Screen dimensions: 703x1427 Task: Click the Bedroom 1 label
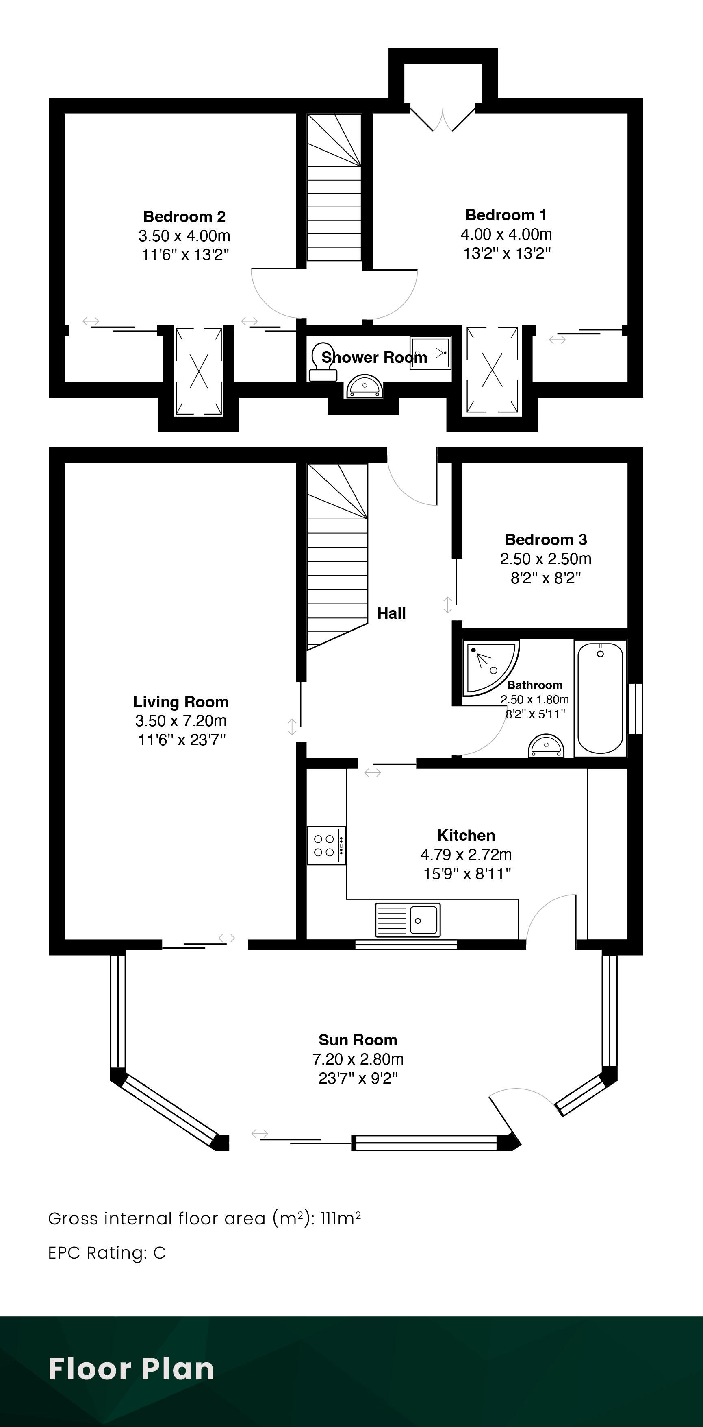(506, 215)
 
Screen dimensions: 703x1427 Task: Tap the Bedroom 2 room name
(184, 216)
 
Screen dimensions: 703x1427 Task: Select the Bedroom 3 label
(546, 539)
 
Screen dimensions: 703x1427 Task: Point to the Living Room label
(181, 702)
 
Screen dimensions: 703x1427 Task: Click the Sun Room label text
(358, 1040)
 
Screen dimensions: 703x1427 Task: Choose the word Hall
(391, 613)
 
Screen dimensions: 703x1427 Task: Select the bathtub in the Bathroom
(601, 698)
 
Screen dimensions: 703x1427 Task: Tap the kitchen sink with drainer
(408, 920)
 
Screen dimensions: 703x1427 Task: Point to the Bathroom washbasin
(546, 746)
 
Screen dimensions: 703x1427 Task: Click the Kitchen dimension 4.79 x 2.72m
(466, 854)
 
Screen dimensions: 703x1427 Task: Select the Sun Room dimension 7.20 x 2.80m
(358, 1059)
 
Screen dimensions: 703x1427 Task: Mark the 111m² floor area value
(341, 1218)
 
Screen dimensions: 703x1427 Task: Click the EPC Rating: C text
(107, 1253)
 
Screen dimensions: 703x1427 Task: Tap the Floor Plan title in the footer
(131, 1369)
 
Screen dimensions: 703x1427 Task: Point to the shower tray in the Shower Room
(430, 352)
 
